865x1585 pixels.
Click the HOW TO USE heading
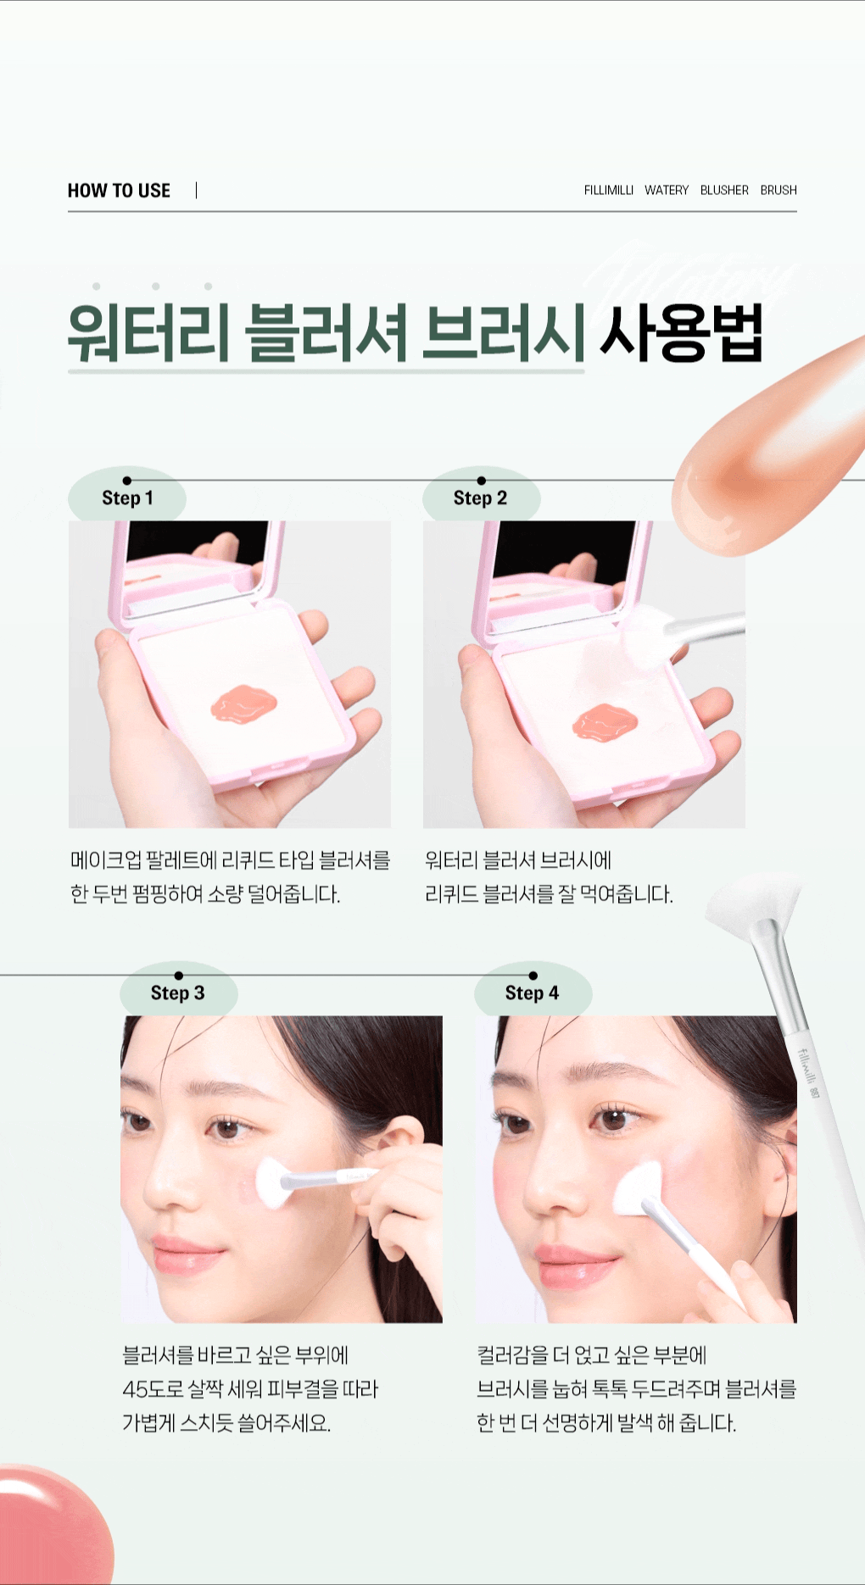tap(119, 190)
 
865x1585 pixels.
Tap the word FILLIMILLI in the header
tap(608, 190)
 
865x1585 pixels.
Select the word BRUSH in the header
tap(778, 190)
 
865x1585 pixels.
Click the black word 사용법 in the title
tap(681, 332)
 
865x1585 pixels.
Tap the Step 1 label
tap(127, 498)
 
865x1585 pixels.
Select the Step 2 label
tap(480, 498)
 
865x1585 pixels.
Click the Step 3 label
tap(177, 993)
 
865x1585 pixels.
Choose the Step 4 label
tap(532, 993)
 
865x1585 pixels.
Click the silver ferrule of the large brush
tap(776, 975)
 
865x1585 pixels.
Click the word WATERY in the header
tap(666, 190)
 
